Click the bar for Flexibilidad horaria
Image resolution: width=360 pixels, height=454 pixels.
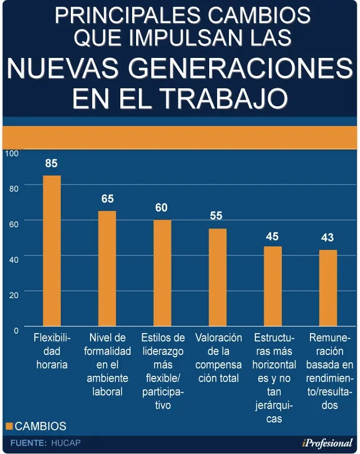[52, 251]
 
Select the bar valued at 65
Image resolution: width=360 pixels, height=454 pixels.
[107, 268]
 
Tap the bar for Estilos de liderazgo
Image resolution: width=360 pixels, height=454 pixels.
[163, 273]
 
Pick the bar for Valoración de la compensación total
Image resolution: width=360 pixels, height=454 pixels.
[218, 277]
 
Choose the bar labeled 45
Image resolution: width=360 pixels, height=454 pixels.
[273, 286]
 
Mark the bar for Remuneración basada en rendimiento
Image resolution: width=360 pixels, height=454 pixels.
[328, 288]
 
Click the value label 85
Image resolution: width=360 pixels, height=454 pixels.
[51, 163]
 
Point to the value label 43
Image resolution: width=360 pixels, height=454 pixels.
[327, 237]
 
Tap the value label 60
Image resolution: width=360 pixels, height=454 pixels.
[161, 208]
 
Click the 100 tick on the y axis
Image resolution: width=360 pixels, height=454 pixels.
[12, 153]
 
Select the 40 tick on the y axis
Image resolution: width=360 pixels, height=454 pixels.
[13, 259]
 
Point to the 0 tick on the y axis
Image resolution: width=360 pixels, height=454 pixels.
[16, 330]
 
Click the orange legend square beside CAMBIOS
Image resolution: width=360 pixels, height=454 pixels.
[9, 426]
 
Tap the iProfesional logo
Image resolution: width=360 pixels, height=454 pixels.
[327, 443]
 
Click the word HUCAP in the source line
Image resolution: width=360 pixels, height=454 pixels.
[66, 443]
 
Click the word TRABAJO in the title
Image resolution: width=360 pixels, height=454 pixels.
[226, 97]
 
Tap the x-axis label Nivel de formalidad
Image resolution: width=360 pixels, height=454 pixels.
[107, 344]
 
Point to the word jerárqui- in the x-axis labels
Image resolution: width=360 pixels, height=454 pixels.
[274, 406]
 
